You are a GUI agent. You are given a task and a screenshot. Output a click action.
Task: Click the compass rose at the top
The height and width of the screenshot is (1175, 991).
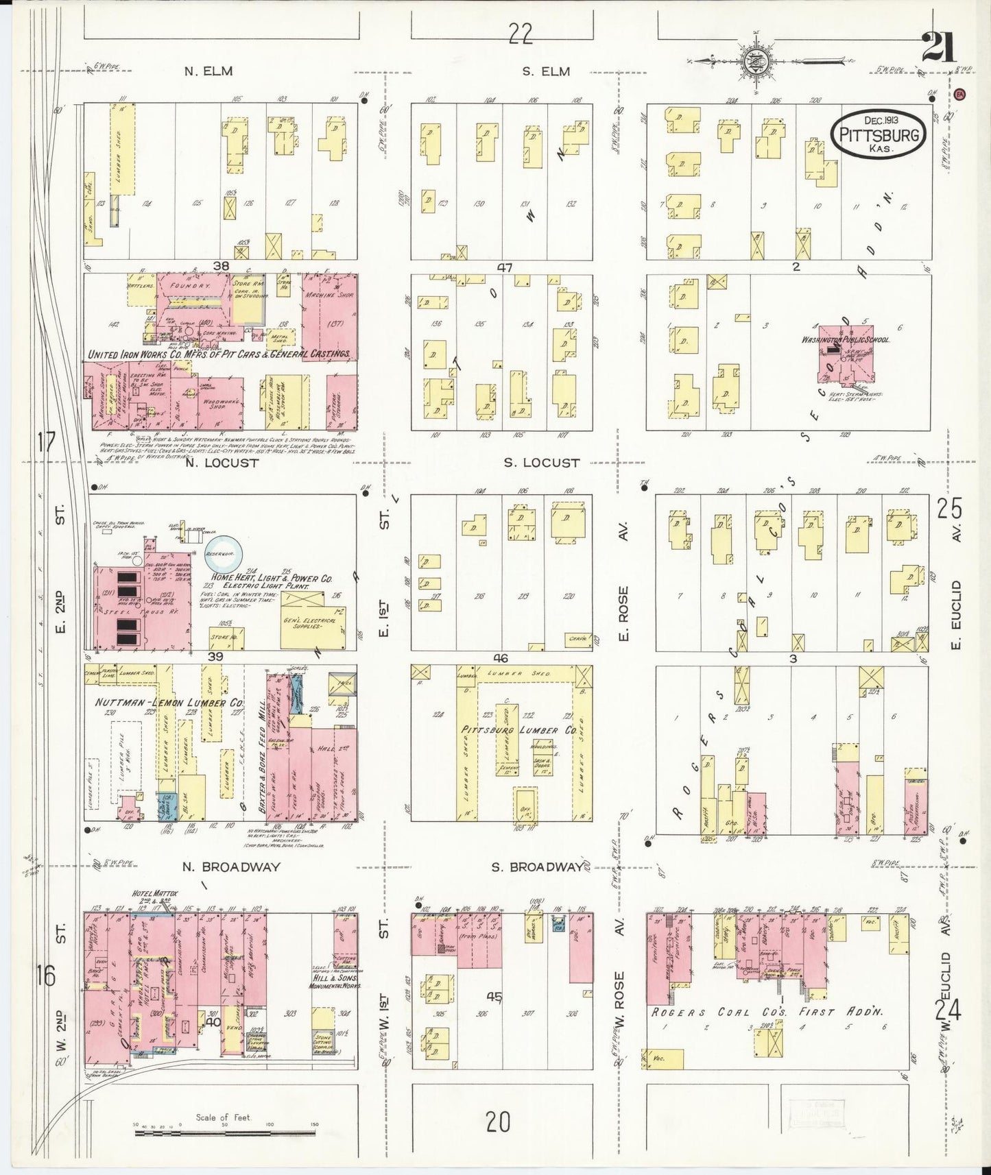tap(755, 61)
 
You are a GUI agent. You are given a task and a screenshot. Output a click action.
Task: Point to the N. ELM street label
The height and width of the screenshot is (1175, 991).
tap(208, 71)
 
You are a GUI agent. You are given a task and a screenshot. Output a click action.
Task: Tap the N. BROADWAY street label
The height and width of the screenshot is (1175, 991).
tap(231, 867)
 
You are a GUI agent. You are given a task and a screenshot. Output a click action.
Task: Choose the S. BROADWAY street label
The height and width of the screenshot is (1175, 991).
tap(536, 867)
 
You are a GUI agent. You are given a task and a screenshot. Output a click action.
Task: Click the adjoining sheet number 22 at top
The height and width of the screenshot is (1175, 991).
tap(521, 34)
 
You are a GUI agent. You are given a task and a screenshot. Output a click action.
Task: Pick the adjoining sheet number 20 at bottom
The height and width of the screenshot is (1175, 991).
tap(499, 1122)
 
